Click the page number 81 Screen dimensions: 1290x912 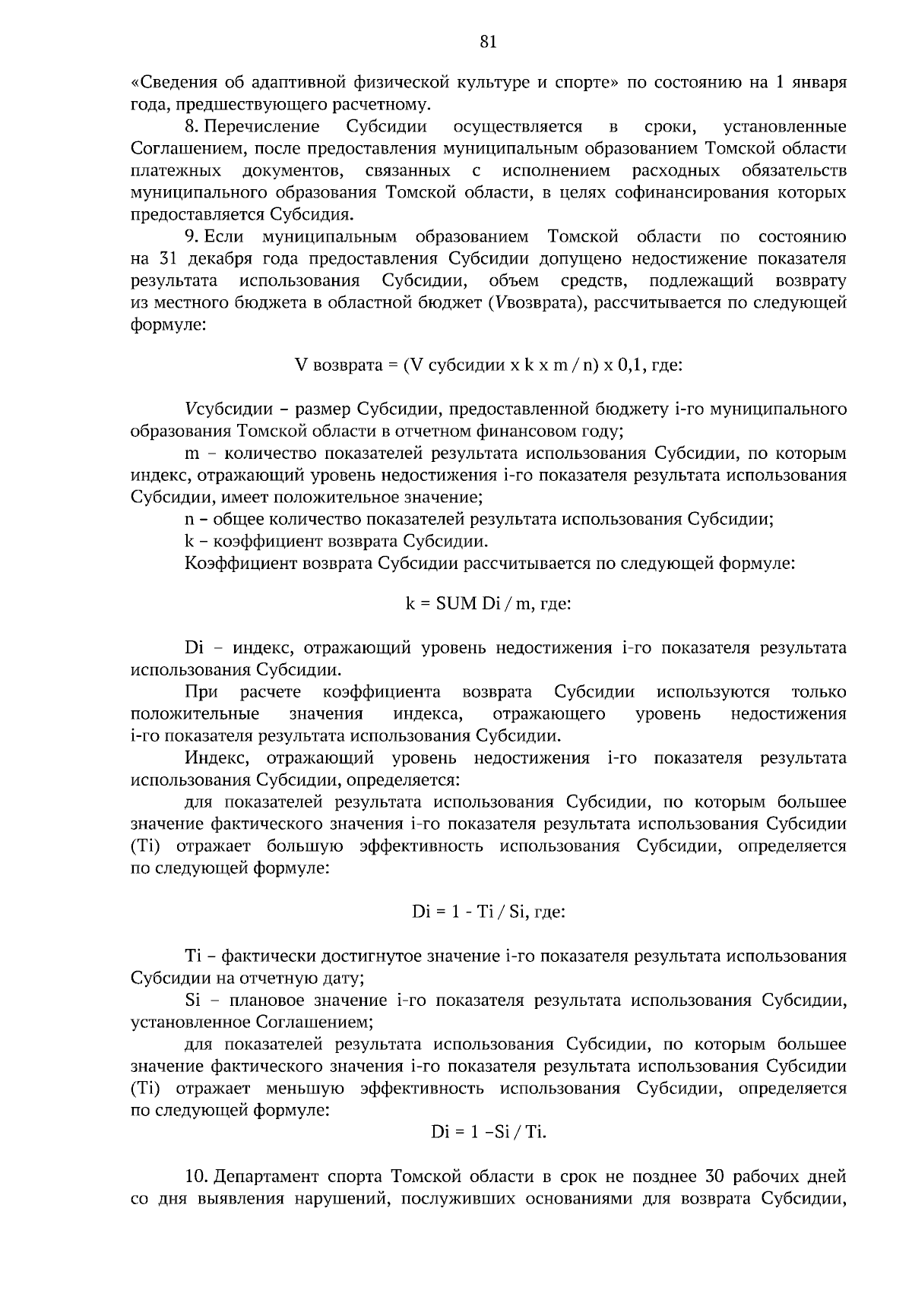pyautogui.click(x=488, y=43)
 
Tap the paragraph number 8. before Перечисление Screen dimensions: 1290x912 pyautogui.click(x=193, y=126)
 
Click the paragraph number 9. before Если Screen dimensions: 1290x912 pyautogui.click(x=193, y=237)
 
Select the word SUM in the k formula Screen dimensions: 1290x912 pyautogui.click(x=456, y=604)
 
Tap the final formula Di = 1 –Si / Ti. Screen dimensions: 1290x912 pyautogui.click(x=489, y=1132)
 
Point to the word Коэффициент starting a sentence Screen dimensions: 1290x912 pyautogui.click(x=240, y=564)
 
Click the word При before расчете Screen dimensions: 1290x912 pyautogui.click(x=201, y=692)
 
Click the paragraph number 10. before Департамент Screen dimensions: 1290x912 pyautogui.click(x=197, y=1178)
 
